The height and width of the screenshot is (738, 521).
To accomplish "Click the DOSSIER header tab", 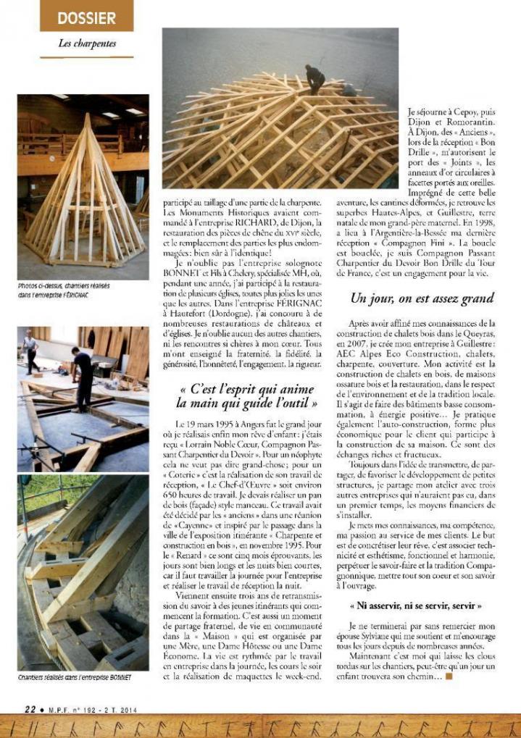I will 86,15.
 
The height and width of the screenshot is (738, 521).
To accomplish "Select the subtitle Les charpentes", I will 87,43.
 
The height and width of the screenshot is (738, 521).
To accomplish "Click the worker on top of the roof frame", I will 315,79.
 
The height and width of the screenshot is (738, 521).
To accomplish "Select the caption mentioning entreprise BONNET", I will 74,676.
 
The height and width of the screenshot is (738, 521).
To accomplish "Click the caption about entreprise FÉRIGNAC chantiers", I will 64,290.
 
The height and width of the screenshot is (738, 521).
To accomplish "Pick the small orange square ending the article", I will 449,676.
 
